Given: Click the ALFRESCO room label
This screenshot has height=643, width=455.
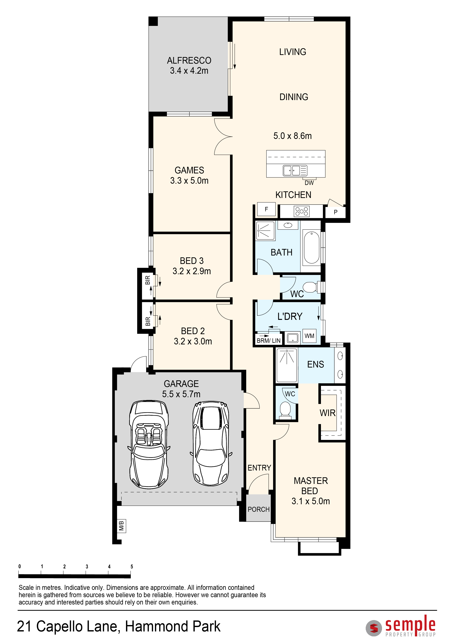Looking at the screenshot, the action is (x=189, y=60).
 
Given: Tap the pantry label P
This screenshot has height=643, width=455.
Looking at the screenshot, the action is (x=335, y=212).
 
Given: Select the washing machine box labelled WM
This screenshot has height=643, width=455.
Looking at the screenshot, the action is (x=309, y=336).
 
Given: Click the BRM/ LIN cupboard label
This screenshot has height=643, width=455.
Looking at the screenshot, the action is (x=268, y=341).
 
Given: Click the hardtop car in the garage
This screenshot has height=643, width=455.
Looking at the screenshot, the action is (x=211, y=444).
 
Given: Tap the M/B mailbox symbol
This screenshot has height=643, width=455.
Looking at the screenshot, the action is (x=121, y=526).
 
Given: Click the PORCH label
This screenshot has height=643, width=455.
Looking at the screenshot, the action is (x=258, y=509).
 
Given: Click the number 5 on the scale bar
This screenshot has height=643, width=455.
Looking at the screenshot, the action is (x=132, y=566).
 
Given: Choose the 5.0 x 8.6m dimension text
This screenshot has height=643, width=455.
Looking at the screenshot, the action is (x=293, y=136).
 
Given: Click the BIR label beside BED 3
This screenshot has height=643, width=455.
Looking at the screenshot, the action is (x=148, y=280).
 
